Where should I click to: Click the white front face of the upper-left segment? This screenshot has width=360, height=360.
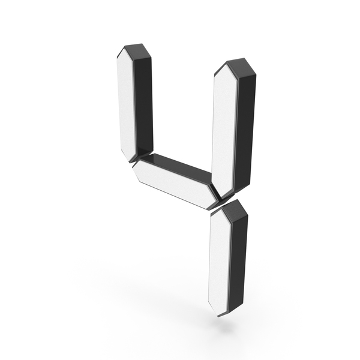[x=126, y=103]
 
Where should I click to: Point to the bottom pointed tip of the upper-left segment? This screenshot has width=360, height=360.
[x=131, y=161]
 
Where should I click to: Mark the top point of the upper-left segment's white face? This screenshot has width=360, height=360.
[x=125, y=48]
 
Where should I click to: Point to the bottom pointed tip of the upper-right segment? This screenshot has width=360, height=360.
[x=221, y=198]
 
